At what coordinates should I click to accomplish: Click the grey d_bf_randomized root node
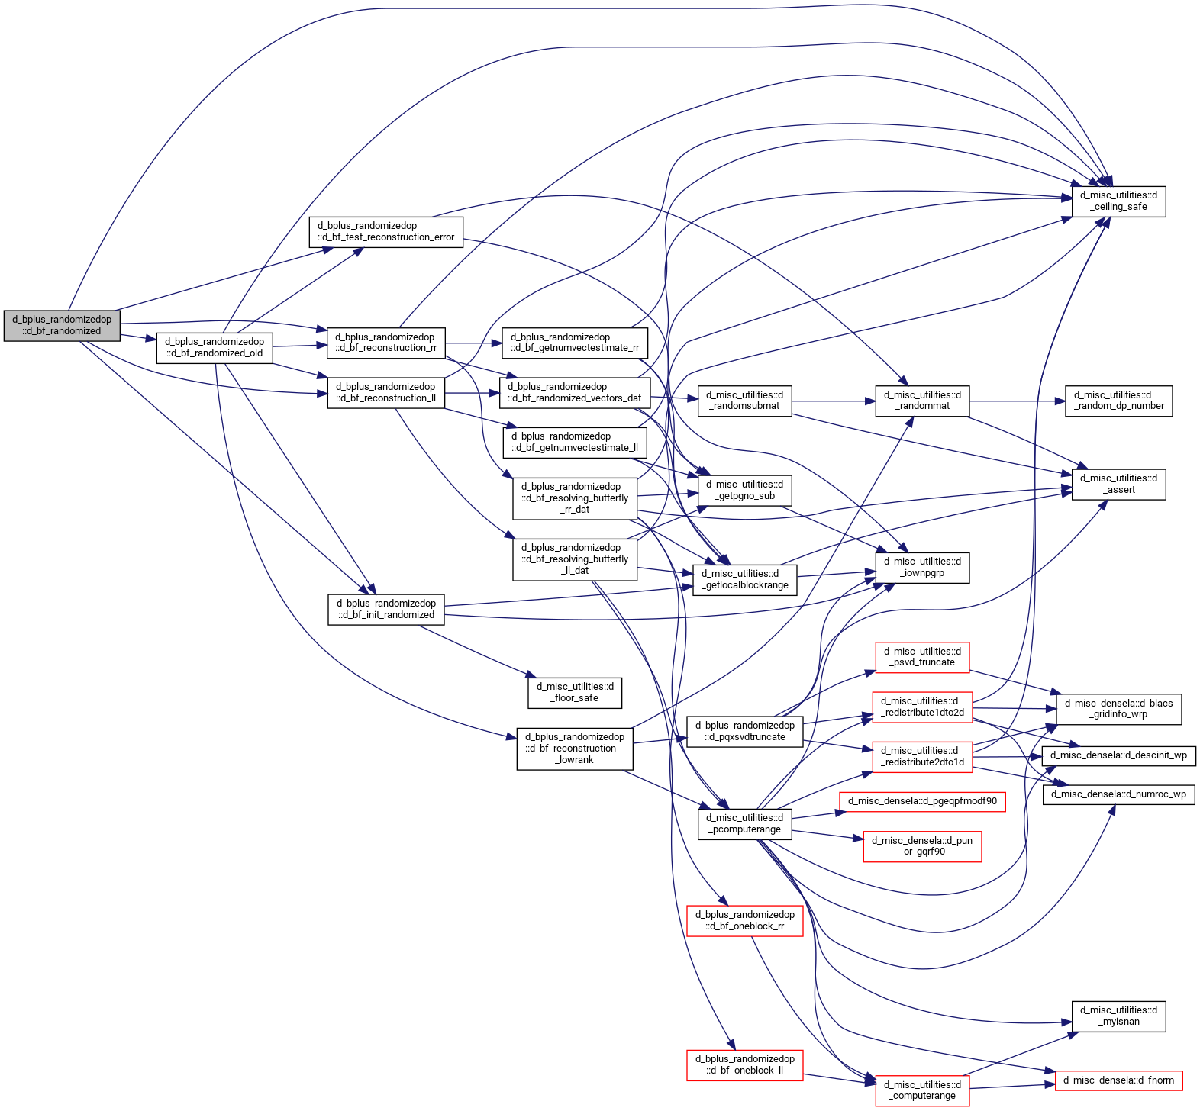click(x=62, y=326)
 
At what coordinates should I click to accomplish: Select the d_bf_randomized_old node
click(x=215, y=348)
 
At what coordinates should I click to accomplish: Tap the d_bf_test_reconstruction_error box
click(x=386, y=232)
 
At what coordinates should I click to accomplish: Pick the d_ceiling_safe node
click(x=1118, y=201)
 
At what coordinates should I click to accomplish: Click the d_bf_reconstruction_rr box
click(x=385, y=343)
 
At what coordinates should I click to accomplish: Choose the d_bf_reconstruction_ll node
click(x=385, y=393)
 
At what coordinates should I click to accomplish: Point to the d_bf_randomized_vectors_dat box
click(x=575, y=393)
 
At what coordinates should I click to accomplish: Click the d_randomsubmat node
click(x=744, y=401)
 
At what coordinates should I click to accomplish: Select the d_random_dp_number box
click(x=1118, y=401)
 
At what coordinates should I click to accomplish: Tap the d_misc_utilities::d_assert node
click(x=1118, y=485)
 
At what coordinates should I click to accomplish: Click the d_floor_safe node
click(x=575, y=693)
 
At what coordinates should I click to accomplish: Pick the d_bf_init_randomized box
click(x=385, y=610)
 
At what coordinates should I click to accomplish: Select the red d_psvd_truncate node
click(x=922, y=657)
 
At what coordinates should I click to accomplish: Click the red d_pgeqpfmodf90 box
click(x=922, y=802)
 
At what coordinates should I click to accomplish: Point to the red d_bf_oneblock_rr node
click(x=744, y=921)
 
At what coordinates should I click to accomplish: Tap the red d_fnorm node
click(x=1118, y=1080)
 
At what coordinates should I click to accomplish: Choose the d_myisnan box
click(x=1118, y=1016)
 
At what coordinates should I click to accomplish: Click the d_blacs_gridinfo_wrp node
click(x=1118, y=709)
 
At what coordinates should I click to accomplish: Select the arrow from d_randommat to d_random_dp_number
click(x=1018, y=401)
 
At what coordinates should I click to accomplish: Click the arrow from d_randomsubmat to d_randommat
click(x=834, y=401)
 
